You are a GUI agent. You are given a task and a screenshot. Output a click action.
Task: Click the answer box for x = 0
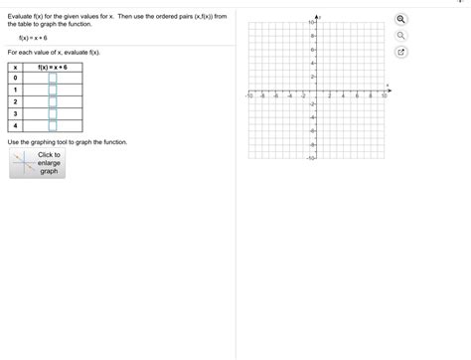tap(53, 78)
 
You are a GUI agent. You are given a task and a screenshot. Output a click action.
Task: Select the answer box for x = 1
tap(53, 90)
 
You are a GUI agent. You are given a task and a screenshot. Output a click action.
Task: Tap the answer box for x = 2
tap(53, 101)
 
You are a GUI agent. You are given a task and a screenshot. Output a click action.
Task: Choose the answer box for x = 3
tap(53, 114)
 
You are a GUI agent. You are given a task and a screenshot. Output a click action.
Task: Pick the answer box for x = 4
tap(53, 126)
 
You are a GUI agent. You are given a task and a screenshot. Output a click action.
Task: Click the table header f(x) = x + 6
tap(52, 66)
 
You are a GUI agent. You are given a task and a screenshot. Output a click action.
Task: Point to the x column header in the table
tap(15, 66)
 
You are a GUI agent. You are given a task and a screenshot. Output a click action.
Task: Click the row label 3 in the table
tap(15, 114)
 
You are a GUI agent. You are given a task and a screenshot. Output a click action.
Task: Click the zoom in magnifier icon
tap(400, 20)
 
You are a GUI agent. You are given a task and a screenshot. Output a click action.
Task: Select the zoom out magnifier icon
tap(400, 36)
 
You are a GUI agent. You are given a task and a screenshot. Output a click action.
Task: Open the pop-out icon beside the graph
tap(400, 53)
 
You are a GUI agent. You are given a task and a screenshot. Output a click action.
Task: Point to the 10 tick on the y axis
tap(311, 23)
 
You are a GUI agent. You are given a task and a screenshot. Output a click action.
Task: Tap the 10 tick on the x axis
tap(384, 96)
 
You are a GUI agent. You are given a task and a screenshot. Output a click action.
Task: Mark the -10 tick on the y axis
tap(311, 158)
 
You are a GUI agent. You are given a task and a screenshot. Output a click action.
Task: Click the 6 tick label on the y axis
tap(312, 50)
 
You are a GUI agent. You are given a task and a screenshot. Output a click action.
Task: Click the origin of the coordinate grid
tap(316, 90)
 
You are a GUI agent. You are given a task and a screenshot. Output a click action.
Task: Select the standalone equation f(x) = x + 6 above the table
tap(33, 38)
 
